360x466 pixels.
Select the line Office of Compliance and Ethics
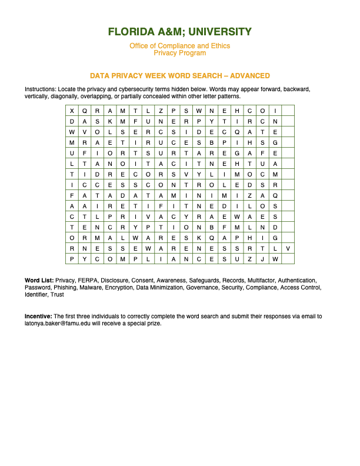pyautogui.click(x=180, y=46)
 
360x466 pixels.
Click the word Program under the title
pyautogui.click(x=193, y=53)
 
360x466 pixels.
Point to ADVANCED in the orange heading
pyautogui.click(x=249, y=76)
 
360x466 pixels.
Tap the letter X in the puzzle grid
pyautogui.click(x=72, y=111)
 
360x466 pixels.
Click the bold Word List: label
pyautogui.click(x=38, y=280)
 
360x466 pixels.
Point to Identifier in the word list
pyautogui.click(x=36, y=294)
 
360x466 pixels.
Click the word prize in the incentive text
pyautogui.click(x=152, y=324)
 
